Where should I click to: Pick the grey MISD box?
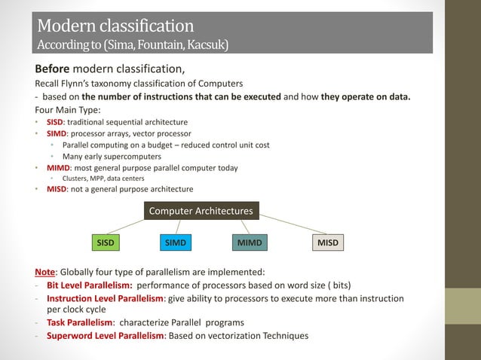click(x=327, y=243)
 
